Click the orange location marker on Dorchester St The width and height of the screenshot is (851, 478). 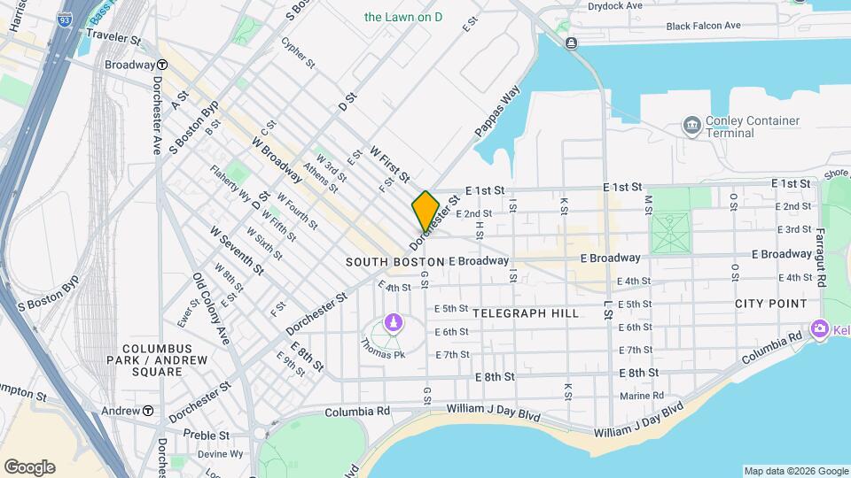click(x=425, y=210)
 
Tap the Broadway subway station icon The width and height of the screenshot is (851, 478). click(x=163, y=65)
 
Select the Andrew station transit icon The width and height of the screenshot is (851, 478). click(x=148, y=411)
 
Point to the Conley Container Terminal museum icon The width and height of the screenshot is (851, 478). click(x=691, y=126)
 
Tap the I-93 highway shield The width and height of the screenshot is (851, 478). click(x=63, y=18)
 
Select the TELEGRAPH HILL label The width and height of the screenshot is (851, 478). click(x=526, y=313)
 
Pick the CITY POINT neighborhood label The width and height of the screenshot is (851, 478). click(x=770, y=304)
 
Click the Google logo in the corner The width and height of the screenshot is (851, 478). click(x=29, y=466)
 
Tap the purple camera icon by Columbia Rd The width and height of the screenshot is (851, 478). click(x=819, y=328)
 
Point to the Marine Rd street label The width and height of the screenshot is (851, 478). click(x=642, y=396)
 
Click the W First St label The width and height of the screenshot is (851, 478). click(x=389, y=165)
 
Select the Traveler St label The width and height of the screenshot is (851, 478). click(x=113, y=39)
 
